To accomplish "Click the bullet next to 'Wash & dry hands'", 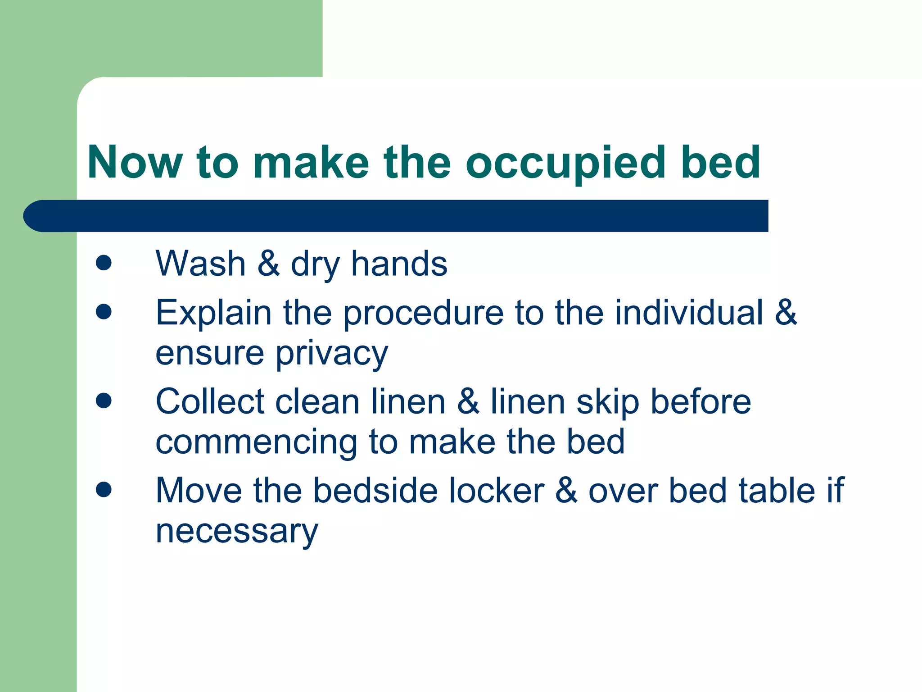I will tap(104, 263).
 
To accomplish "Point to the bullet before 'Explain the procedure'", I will tap(104, 311).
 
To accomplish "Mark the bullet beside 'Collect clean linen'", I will tap(104, 400).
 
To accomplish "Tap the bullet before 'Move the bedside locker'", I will tap(104, 489).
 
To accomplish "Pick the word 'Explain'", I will tap(213, 313).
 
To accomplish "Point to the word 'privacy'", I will tap(332, 354).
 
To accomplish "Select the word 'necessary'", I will tap(237, 532).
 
